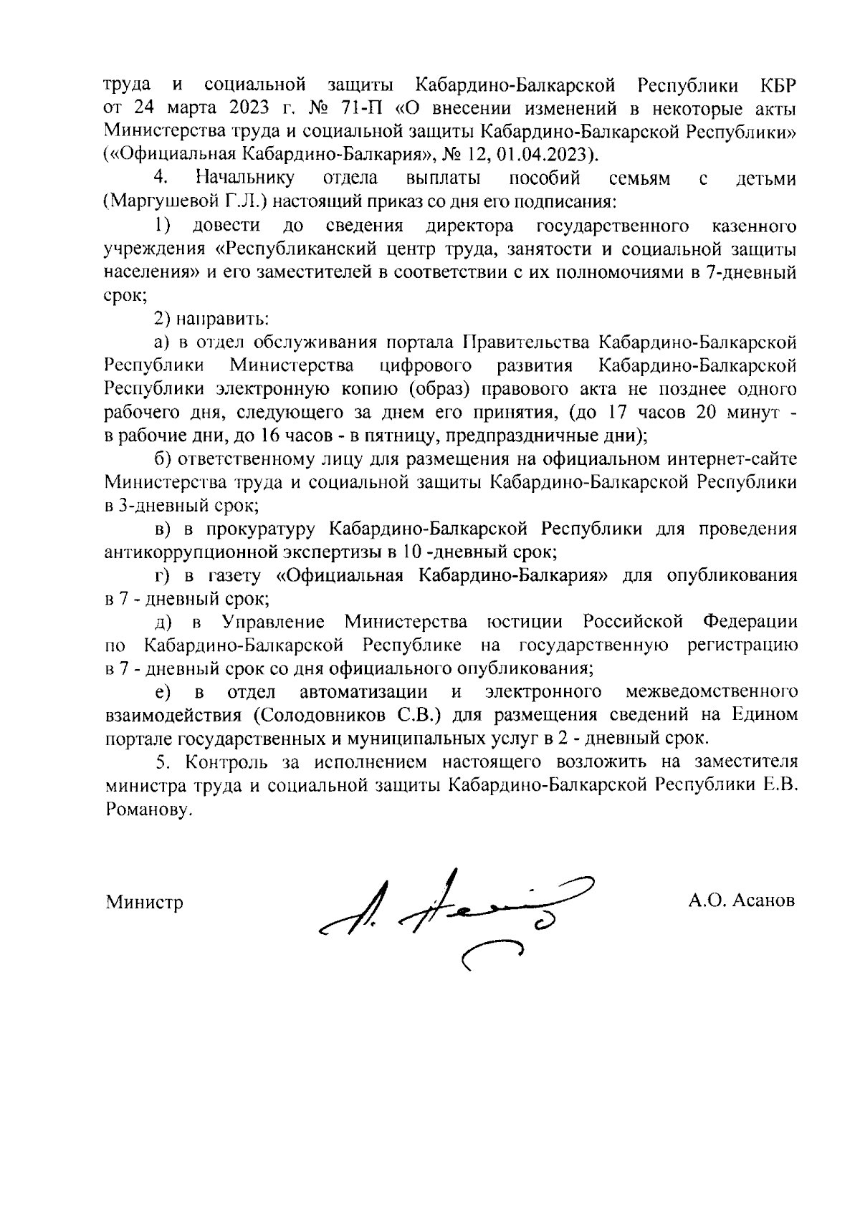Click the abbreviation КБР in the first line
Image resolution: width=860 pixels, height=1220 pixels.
(778, 87)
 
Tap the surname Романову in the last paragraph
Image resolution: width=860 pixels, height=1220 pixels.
(148, 810)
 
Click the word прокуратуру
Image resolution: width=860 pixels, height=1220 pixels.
(262, 529)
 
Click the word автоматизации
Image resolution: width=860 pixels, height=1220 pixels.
(364, 692)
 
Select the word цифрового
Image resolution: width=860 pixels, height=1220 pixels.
(425, 366)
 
